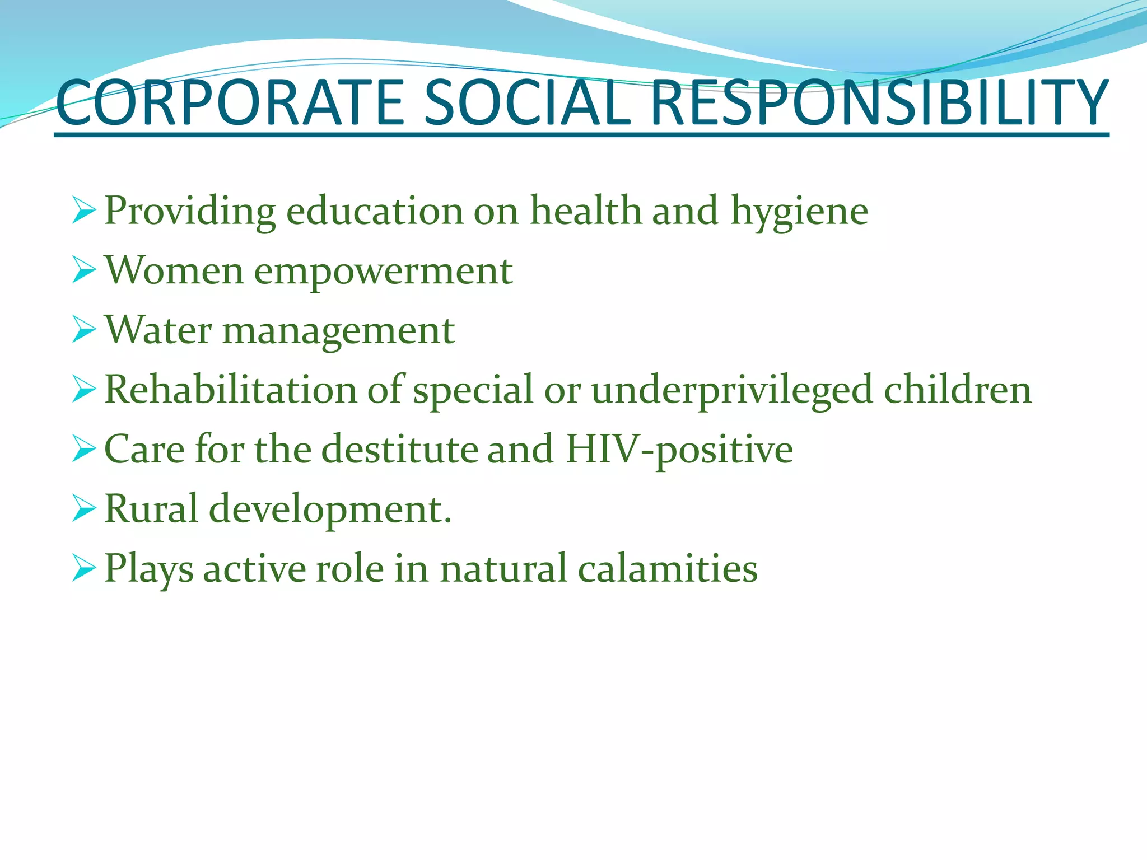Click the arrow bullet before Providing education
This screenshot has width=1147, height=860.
click(84, 211)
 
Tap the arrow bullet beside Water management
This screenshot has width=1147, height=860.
click(84, 330)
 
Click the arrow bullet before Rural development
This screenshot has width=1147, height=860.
click(84, 509)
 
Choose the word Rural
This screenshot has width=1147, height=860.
click(151, 509)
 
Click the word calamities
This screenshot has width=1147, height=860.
click(667, 569)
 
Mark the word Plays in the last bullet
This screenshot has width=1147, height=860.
click(149, 570)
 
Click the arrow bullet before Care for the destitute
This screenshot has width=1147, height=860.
click(84, 450)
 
